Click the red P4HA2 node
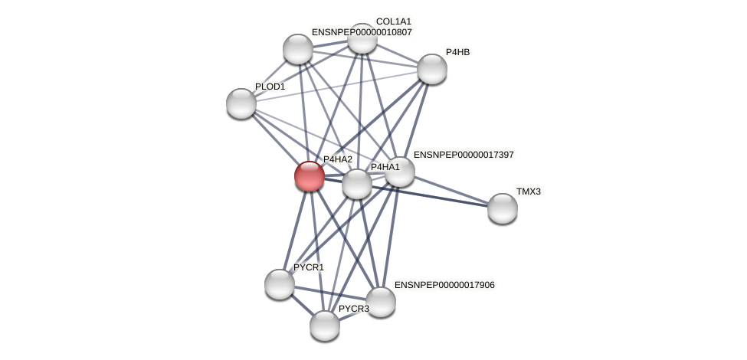coord(310,176)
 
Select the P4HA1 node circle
coord(357,184)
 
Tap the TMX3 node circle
coord(503,208)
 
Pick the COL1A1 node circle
coord(362,38)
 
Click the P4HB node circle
coord(432,69)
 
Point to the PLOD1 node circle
coord(241,103)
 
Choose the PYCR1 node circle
coord(280,284)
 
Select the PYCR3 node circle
coord(325,326)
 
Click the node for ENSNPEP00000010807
coord(298,49)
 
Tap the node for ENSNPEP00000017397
coord(400,172)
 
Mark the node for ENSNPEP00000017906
coord(381,302)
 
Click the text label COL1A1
coord(393,21)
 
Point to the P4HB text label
coord(457,52)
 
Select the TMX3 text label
coord(528,191)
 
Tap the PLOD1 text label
coord(270,87)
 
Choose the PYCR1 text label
coord(308,267)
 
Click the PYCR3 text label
coord(353,309)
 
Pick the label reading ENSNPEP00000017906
coord(444,285)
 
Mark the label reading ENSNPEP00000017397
coord(464,155)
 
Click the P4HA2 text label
coord(337,159)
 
